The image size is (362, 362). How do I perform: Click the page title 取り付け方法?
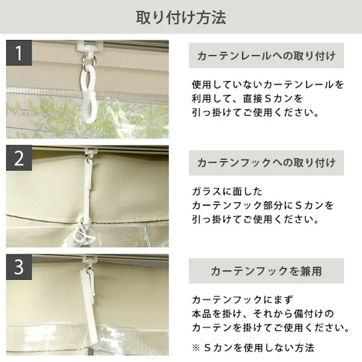[181, 17]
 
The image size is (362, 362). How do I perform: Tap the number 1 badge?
[19, 53]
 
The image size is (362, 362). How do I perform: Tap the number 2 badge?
[19, 159]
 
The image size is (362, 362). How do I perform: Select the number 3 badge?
[19, 267]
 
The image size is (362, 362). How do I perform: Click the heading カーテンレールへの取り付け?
[266, 56]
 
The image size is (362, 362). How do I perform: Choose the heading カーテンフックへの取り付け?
[266, 163]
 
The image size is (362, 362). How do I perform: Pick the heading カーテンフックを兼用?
[266, 271]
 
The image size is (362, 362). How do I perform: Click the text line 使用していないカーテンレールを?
[268, 84]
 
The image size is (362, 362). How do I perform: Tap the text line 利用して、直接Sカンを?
[247, 98]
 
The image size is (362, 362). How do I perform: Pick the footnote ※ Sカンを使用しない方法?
[253, 348]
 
